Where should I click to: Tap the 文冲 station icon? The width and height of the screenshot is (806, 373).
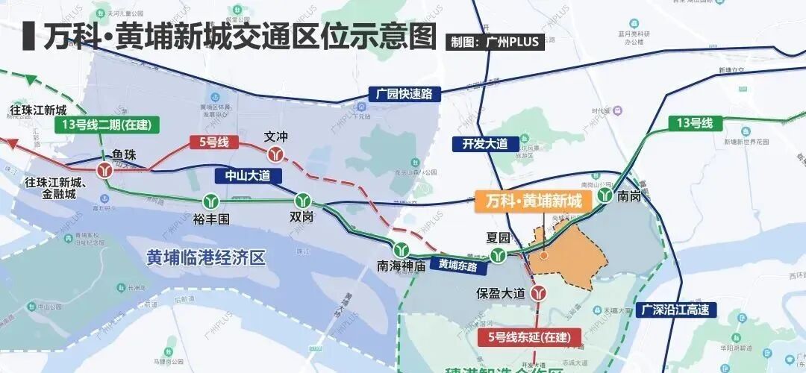(x=277, y=154)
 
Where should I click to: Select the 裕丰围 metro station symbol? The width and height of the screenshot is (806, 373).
(x=210, y=201)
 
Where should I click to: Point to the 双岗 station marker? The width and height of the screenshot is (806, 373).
(x=302, y=201)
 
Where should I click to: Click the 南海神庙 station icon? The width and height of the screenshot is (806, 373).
(x=402, y=249)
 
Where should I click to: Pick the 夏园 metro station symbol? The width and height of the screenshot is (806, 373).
(x=498, y=256)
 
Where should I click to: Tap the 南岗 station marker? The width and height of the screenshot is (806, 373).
(x=604, y=198)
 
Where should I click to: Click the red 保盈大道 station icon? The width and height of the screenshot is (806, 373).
(x=537, y=293)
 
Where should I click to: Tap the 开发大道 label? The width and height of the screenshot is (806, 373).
(x=484, y=143)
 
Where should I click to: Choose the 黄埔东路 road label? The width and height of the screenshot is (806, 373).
(x=457, y=263)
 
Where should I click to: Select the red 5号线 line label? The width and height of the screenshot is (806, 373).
(x=213, y=142)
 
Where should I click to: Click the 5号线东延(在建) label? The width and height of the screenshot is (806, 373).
(x=528, y=337)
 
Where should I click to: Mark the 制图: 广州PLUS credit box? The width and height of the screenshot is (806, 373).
(x=495, y=42)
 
